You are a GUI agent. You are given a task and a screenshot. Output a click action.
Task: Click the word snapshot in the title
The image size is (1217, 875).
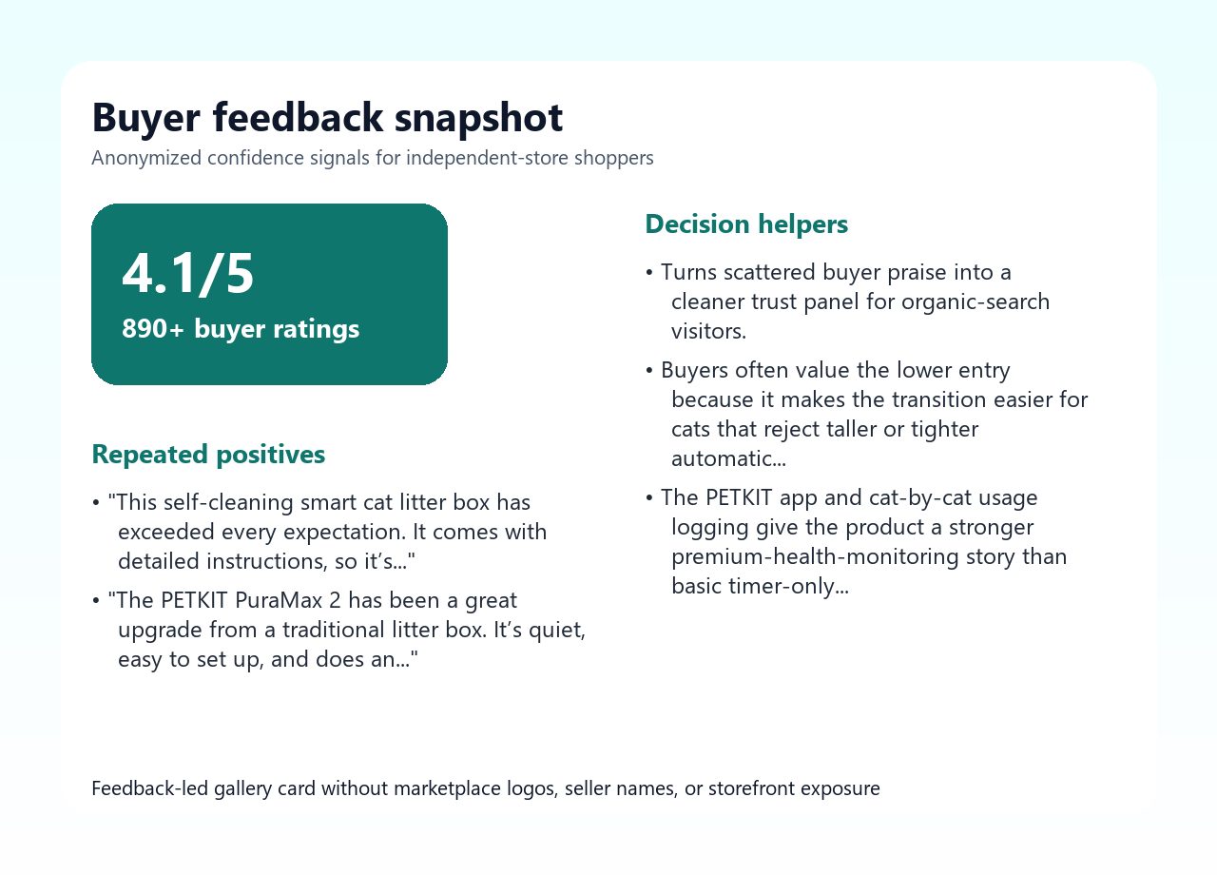pos(478,118)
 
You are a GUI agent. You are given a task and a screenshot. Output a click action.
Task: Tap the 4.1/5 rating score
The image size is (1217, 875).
pos(187,273)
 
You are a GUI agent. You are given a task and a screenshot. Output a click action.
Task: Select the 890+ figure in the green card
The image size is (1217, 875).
pos(153,328)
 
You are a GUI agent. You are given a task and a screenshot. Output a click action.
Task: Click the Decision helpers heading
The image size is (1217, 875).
pos(746,224)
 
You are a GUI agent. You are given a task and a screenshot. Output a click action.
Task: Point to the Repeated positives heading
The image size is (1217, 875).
pos(208,455)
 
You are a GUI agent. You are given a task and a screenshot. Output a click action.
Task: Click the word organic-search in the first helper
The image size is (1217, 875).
pos(976,302)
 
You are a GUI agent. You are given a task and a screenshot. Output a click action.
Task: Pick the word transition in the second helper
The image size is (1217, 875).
pos(938,400)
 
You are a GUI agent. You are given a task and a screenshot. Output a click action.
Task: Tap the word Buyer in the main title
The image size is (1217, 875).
pos(146,119)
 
